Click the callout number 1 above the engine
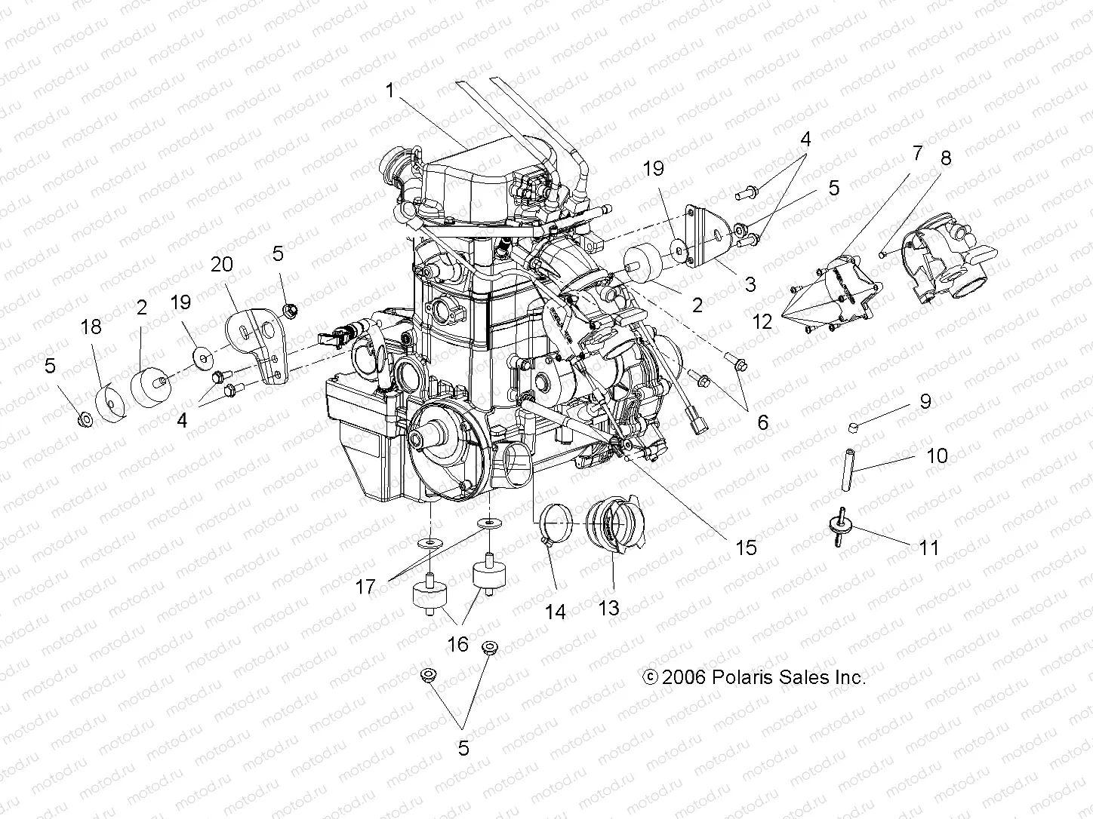(x=389, y=92)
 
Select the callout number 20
(x=222, y=265)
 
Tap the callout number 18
(x=91, y=327)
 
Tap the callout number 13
(x=608, y=607)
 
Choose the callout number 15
(x=746, y=547)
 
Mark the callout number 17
(x=365, y=586)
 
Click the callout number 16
(x=458, y=644)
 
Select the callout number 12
(x=762, y=321)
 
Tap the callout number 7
(x=917, y=154)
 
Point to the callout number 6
(x=762, y=422)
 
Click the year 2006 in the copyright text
(x=684, y=677)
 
